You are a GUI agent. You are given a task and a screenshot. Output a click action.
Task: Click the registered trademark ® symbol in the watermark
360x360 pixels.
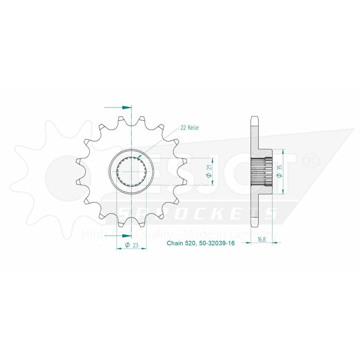[x=312, y=163]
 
